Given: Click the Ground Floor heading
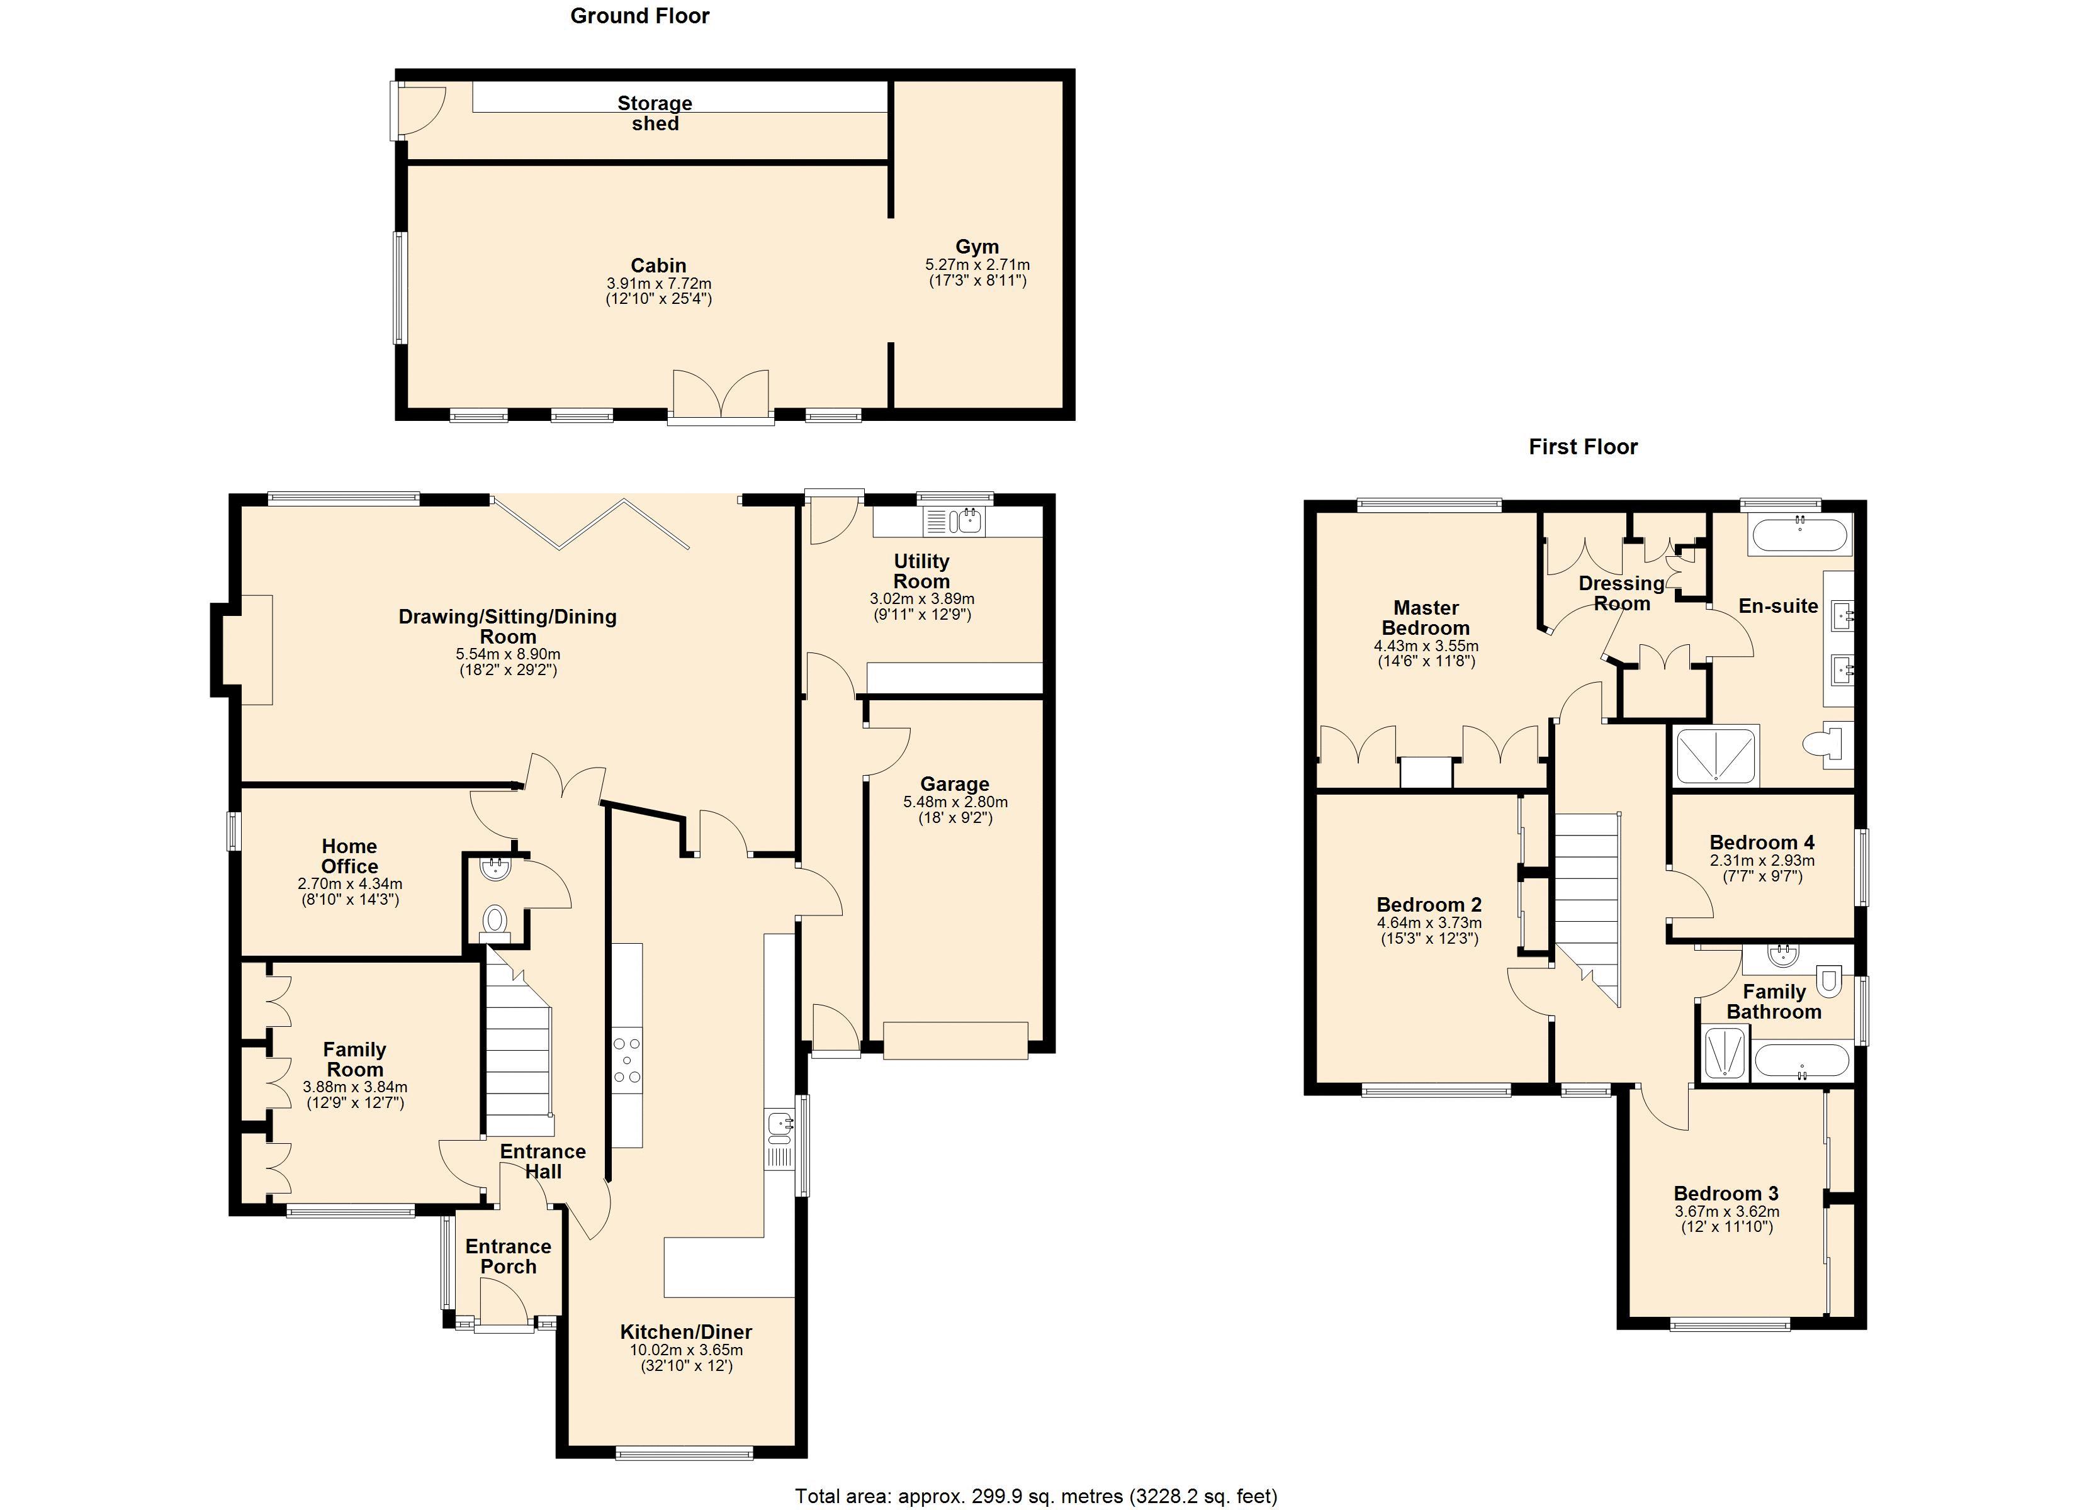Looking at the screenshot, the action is tap(639, 16).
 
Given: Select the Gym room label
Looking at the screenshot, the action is tap(977, 247).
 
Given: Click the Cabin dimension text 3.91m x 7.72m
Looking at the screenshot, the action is tap(658, 284).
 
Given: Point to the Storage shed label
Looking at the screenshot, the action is tap(655, 113).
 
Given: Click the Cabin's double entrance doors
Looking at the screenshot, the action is tap(721, 396).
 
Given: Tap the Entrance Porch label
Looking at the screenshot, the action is tap(509, 1256).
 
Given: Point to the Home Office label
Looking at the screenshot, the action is tap(350, 856).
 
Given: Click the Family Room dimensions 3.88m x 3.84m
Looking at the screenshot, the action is tap(356, 1087).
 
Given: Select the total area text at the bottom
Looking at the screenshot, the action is tap(1036, 1496).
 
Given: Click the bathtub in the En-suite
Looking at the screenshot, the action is tap(1799, 533).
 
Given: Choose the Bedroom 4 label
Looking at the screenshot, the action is tap(1762, 842).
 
